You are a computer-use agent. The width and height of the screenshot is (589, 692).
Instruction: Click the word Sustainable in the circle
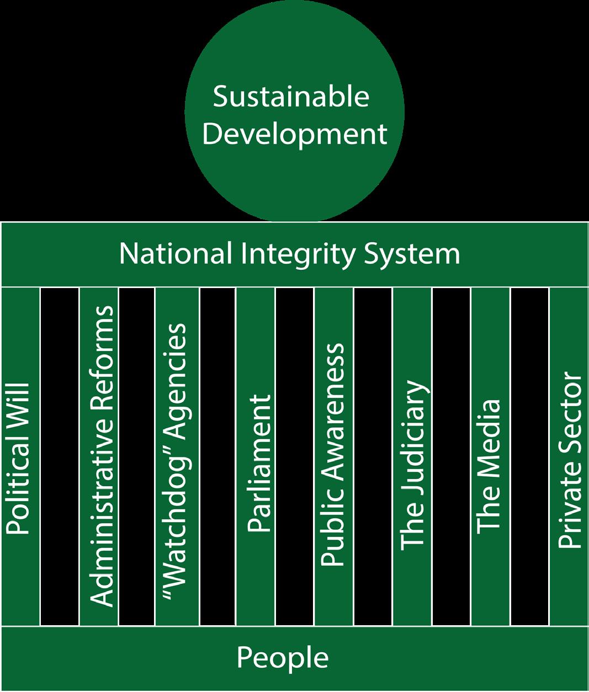click(x=291, y=97)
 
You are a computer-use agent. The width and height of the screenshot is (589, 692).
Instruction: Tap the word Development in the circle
click(x=295, y=134)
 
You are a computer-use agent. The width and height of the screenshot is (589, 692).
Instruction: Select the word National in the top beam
click(x=175, y=254)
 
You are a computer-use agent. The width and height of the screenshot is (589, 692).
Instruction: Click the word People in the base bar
click(x=283, y=658)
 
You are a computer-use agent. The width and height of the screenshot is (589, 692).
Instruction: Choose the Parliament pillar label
click(x=259, y=464)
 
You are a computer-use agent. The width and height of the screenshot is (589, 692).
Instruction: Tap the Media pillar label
click(x=489, y=466)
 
